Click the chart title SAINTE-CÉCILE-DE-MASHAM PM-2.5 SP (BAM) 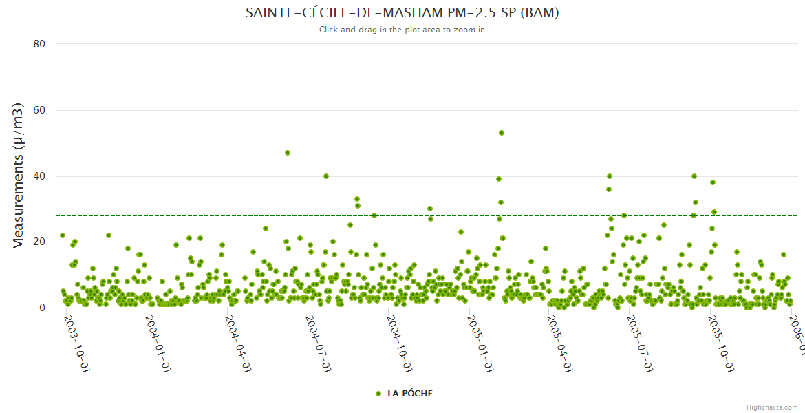coord(402,13)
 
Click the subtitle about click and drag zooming coord(402,30)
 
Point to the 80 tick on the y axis coord(39,44)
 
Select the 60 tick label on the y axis coord(39,110)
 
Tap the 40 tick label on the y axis coord(39,176)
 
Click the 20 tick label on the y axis coord(39,242)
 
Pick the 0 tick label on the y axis coord(42,308)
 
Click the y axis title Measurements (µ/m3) coord(19,176)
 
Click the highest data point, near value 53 coord(502,133)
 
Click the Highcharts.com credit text coord(772,407)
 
